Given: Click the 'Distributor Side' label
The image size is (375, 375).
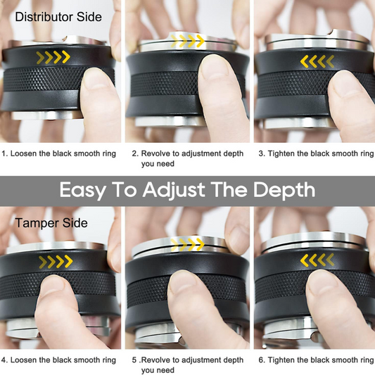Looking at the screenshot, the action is click(x=58, y=17).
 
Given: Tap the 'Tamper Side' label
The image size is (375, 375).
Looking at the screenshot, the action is click(x=51, y=223).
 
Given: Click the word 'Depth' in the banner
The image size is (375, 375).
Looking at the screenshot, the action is click(x=284, y=191).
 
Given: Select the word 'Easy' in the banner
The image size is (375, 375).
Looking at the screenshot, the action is click(x=83, y=191).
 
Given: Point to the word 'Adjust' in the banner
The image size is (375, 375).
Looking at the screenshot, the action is click(x=174, y=191).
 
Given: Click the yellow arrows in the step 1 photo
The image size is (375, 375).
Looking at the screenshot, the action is click(x=53, y=58).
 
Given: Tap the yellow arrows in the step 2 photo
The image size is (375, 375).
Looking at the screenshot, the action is click(x=187, y=41).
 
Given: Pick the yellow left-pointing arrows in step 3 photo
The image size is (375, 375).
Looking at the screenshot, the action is click(x=317, y=61).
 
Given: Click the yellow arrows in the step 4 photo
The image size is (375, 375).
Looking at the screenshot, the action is click(x=56, y=262).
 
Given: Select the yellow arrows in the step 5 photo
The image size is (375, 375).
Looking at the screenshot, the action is click(x=187, y=244).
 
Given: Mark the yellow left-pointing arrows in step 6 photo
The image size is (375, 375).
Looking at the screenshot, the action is click(x=317, y=260).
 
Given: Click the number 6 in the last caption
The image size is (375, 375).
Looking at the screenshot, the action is click(x=261, y=360).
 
